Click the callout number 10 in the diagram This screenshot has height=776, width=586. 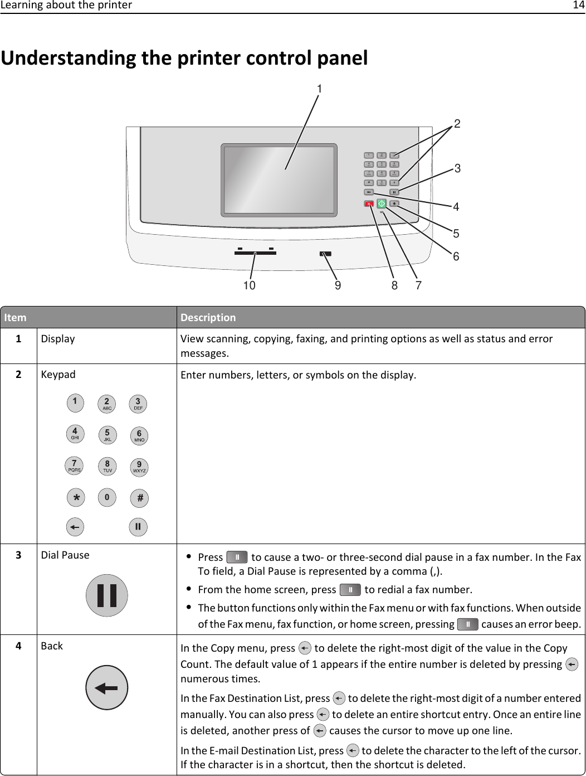(248, 285)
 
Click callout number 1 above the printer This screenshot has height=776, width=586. (320, 89)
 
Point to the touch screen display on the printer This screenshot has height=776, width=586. (279, 180)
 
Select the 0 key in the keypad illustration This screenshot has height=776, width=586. (107, 497)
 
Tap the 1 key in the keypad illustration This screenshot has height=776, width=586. (75, 402)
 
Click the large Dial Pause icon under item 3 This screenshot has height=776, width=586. (106, 595)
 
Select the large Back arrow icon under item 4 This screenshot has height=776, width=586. (106, 687)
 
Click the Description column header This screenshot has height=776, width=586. (208, 317)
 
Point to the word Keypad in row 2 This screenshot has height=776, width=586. (58, 375)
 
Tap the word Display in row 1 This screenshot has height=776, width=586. (57, 339)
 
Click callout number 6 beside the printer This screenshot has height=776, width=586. (456, 256)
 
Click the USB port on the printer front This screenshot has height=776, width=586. (326, 254)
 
